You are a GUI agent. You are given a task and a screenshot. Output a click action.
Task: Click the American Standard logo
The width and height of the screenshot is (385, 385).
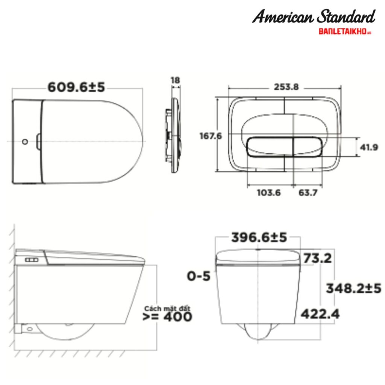point(314,17)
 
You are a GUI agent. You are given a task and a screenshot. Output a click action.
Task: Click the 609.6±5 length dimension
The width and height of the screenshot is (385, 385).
point(76,87)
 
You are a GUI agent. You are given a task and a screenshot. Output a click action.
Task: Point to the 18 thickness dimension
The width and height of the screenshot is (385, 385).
point(175,80)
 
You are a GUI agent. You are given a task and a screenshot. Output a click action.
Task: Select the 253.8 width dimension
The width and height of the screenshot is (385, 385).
point(286,87)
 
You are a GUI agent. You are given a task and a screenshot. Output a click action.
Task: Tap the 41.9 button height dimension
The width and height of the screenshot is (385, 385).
point(369,147)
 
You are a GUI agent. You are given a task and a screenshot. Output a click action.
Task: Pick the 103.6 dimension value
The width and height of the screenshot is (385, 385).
point(268,193)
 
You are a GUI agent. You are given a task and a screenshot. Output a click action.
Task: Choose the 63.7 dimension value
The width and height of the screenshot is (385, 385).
point(308,193)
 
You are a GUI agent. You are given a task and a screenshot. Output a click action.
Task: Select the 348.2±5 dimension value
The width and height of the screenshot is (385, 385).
point(353,288)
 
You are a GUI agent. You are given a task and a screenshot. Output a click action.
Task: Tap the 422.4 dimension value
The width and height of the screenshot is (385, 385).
point(320,313)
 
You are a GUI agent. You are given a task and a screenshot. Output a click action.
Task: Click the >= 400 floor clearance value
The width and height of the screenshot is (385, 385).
point(167,317)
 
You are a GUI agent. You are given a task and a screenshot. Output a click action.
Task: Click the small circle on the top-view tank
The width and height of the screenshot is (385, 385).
point(25,142)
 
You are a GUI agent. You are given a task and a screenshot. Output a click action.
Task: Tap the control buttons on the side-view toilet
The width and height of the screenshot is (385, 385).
point(32,260)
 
